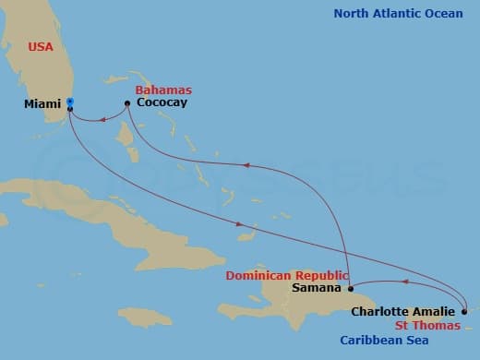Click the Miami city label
pyautogui.click(x=42, y=104)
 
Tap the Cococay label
pyautogui.click(x=162, y=102)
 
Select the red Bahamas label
pyautogui.click(x=163, y=90)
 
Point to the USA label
pyautogui.click(x=40, y=46)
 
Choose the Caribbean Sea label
pyautogui.click(x=382, y=340)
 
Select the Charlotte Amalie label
pyautogui.click(x=402, y=312)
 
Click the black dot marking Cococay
pyautogui.click(x=126, y=102)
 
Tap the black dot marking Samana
pyautogui.click(x=351, y=288)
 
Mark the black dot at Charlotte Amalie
pyautogui.click(x=464, y=311)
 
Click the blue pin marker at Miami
pyautogui.click(x=70, y=103)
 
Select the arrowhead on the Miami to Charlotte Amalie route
pyautogui.click(x=240, y=224)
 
